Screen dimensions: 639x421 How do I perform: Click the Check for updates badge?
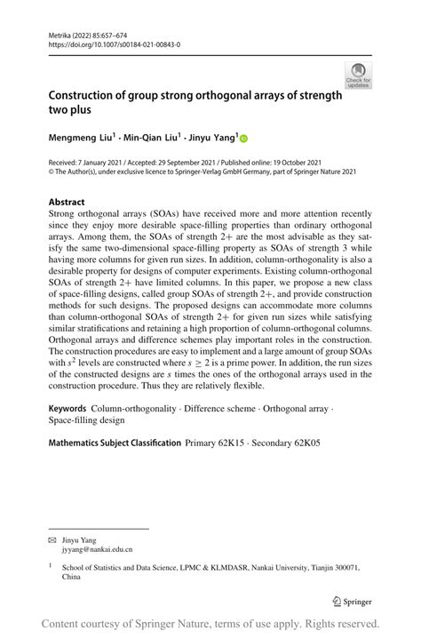click(x=359, y=76)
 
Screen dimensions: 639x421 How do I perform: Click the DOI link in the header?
click(x=106, y=43)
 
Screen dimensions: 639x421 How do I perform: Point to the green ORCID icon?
click(x=244, y=139)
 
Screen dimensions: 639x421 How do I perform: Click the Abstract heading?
click(x=68, y=202)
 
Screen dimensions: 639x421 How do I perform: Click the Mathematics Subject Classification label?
click(x=115, y=442)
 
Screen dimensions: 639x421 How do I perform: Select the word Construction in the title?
click(x=88, y=95)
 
